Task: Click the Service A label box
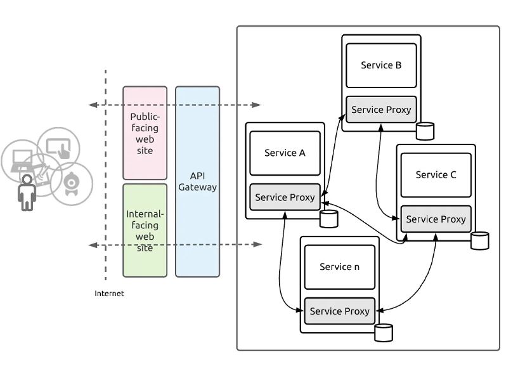coord(285,153)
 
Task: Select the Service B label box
coord(381,65)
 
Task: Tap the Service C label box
coord(436,175)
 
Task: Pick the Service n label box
coord(339,267)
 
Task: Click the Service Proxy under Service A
coord(285,197)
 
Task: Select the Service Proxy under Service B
coord(381,110)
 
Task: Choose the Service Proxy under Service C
coord(436,219)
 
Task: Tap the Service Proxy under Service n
coord(339,311)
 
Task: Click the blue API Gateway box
coord(197,182)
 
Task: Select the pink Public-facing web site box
coord(145,133)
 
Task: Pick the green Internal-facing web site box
coord(145,230)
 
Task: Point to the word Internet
coord(109,294)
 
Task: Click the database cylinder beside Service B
coord(425,131)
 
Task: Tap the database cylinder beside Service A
coord(328,219)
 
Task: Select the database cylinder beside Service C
coord(480,240)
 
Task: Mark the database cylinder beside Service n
coord(383,332)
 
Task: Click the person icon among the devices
coord(27,193)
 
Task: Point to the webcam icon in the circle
coord(71,183)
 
